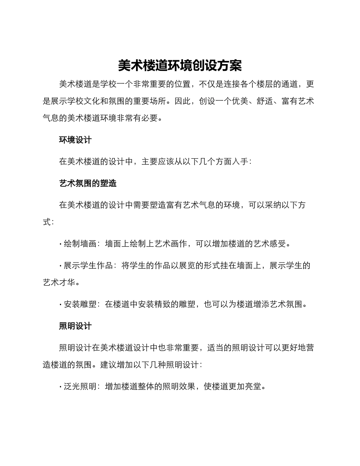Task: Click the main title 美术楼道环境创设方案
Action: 180,66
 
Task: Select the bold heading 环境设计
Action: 75,140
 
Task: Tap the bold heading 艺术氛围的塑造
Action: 88,183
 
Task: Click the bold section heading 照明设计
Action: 75,326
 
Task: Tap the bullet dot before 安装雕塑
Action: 61,304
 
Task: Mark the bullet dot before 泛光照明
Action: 61,387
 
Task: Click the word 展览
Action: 191,266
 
